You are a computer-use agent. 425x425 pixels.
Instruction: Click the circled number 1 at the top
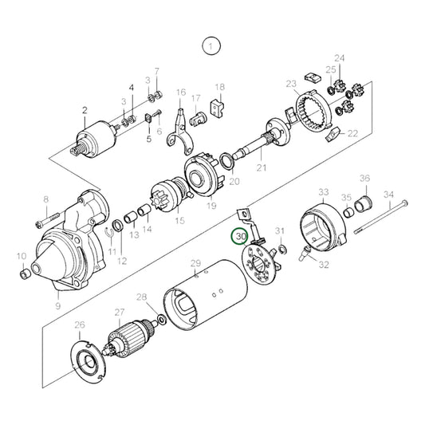coord(211,47)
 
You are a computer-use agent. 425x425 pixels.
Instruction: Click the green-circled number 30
coord(240,236)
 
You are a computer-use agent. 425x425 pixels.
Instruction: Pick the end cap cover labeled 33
coord(323,226)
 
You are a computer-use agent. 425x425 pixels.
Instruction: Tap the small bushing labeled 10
coord(25,275)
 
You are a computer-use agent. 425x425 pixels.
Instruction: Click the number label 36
coord(364,179)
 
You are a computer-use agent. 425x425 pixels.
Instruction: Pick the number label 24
coord(340,59)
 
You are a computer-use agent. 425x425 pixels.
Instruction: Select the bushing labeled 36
coord(364,200)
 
